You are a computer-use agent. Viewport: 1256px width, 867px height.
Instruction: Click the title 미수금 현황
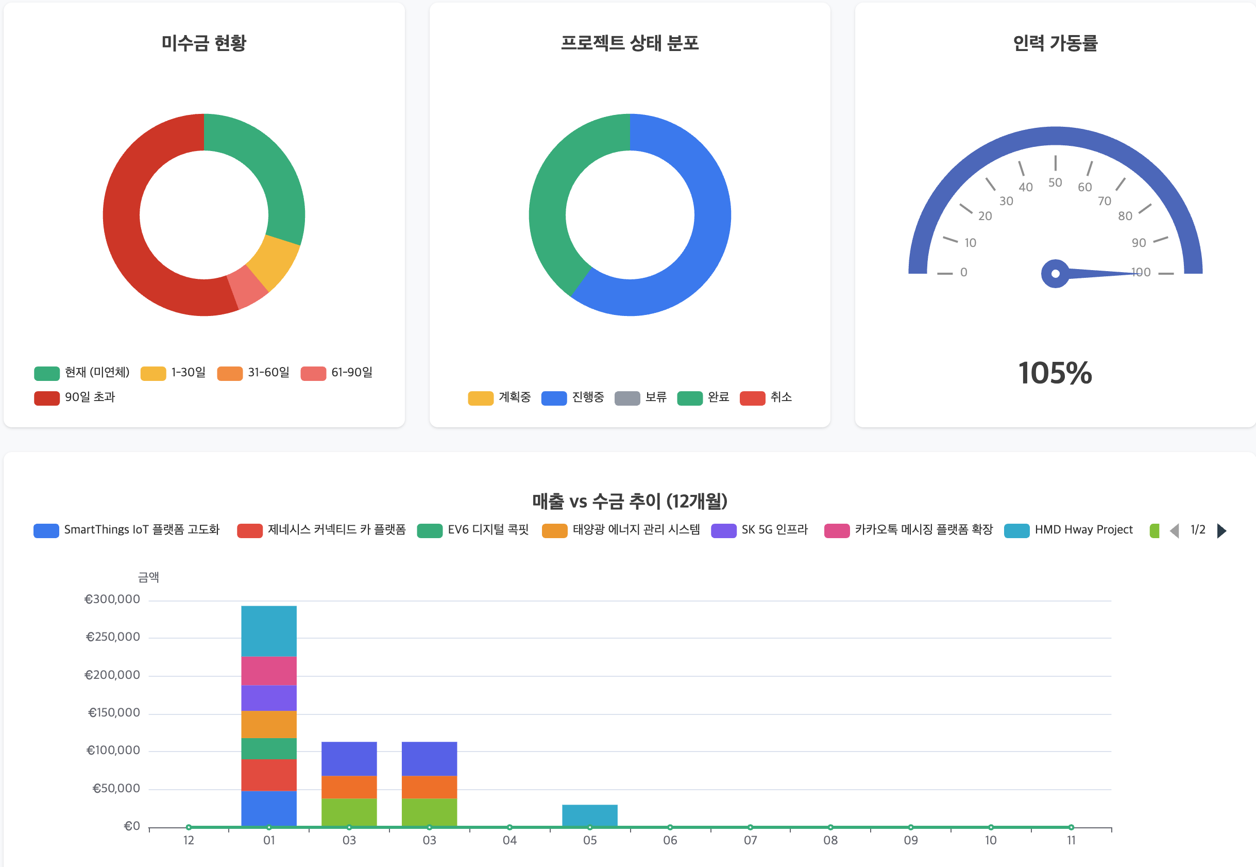click(203, 43)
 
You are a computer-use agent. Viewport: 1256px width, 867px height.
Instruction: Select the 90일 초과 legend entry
click(74, 397)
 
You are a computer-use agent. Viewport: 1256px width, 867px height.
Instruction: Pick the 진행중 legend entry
click(573, 397)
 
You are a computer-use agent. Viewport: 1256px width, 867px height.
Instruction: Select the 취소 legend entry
click(766, 397)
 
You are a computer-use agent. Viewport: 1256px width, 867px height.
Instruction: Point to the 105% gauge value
click(1055, 373)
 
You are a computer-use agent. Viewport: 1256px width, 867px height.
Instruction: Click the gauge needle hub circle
click(1055, 273)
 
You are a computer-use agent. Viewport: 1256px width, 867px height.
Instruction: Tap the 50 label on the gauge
click(1055, 182)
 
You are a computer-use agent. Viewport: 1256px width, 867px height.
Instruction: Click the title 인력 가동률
click(1055, 43)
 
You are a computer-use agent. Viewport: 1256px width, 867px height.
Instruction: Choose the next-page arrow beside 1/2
click(1222, 530)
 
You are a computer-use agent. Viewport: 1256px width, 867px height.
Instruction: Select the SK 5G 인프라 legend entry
click(759, 530)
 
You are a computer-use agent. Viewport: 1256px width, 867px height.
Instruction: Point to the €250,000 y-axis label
click(113, 637)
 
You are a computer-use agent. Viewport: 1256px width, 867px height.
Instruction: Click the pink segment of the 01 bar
click(269, 671)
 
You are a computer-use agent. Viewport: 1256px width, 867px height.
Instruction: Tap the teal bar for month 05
click(589, 815)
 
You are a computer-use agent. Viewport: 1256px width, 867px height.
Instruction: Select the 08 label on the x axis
click(830, 840)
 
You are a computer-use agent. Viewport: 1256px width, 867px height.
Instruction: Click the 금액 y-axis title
click(148, 577)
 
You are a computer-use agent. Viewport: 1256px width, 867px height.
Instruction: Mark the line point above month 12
click(189, 827)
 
